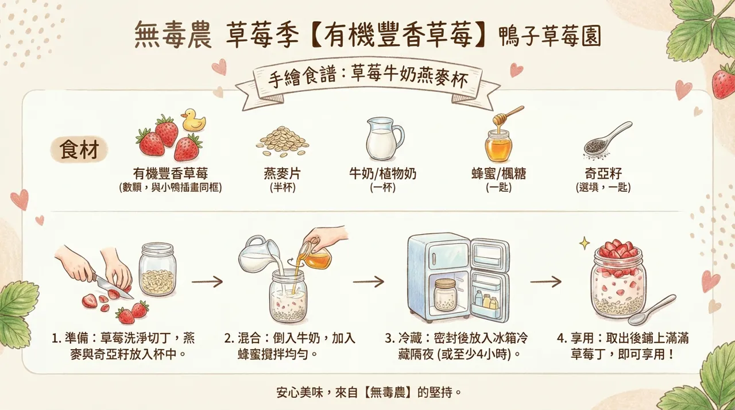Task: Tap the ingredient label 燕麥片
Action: pos(282,173)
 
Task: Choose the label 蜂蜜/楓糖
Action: pos(498,173)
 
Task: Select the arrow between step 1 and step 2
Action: pos(207,282)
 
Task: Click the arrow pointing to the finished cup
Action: pos(545,282)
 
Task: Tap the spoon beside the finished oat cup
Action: pos(652,311)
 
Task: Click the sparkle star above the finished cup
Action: pos(584,243)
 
